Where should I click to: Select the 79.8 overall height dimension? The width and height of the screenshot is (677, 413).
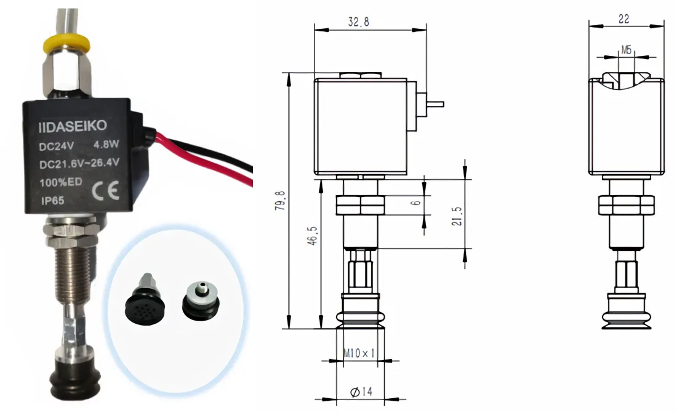(282, 201)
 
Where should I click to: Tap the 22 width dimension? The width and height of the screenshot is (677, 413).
(623, 19)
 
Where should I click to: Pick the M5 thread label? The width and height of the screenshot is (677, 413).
(626, 49)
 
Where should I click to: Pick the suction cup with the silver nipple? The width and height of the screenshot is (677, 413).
(201, 300)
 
